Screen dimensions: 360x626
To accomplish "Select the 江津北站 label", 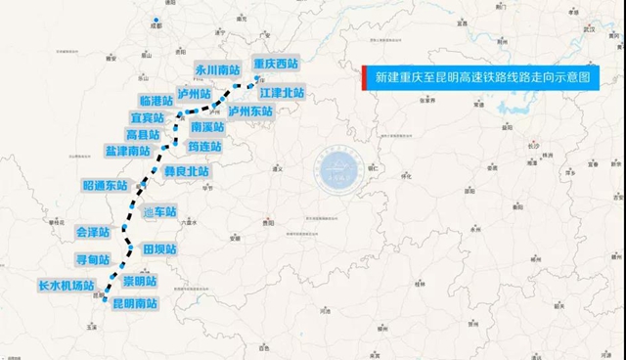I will [x=283, y=93].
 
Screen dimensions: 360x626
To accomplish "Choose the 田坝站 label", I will [x=158, y=248].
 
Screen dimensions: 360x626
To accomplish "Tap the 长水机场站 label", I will [x=64, y=286].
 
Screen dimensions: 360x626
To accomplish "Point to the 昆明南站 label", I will [x=135, y=304].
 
